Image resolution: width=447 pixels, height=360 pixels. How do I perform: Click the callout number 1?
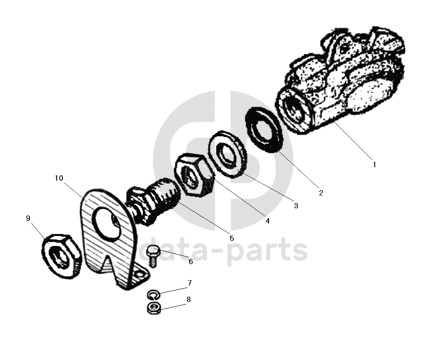(374, 164)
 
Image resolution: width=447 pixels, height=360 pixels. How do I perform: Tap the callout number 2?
(320, 193)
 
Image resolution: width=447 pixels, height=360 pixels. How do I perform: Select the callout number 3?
(295, 206)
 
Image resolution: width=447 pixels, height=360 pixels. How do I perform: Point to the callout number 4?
(267, 220)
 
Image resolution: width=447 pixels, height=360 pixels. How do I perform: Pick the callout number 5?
(232, 238)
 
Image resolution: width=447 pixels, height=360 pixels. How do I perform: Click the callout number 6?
(190, 261)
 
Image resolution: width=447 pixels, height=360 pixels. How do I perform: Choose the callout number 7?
(189, 283)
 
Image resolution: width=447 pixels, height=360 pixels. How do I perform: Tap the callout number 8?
(188, 300)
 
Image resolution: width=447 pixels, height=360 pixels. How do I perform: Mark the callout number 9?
(28, 218)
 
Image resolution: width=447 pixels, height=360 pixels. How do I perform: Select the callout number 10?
(59, 178)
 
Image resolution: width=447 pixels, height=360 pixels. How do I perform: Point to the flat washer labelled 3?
(228, 154)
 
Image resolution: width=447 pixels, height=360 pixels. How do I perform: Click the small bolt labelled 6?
(153, 255)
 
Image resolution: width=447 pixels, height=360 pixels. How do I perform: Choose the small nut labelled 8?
(153, 307)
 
